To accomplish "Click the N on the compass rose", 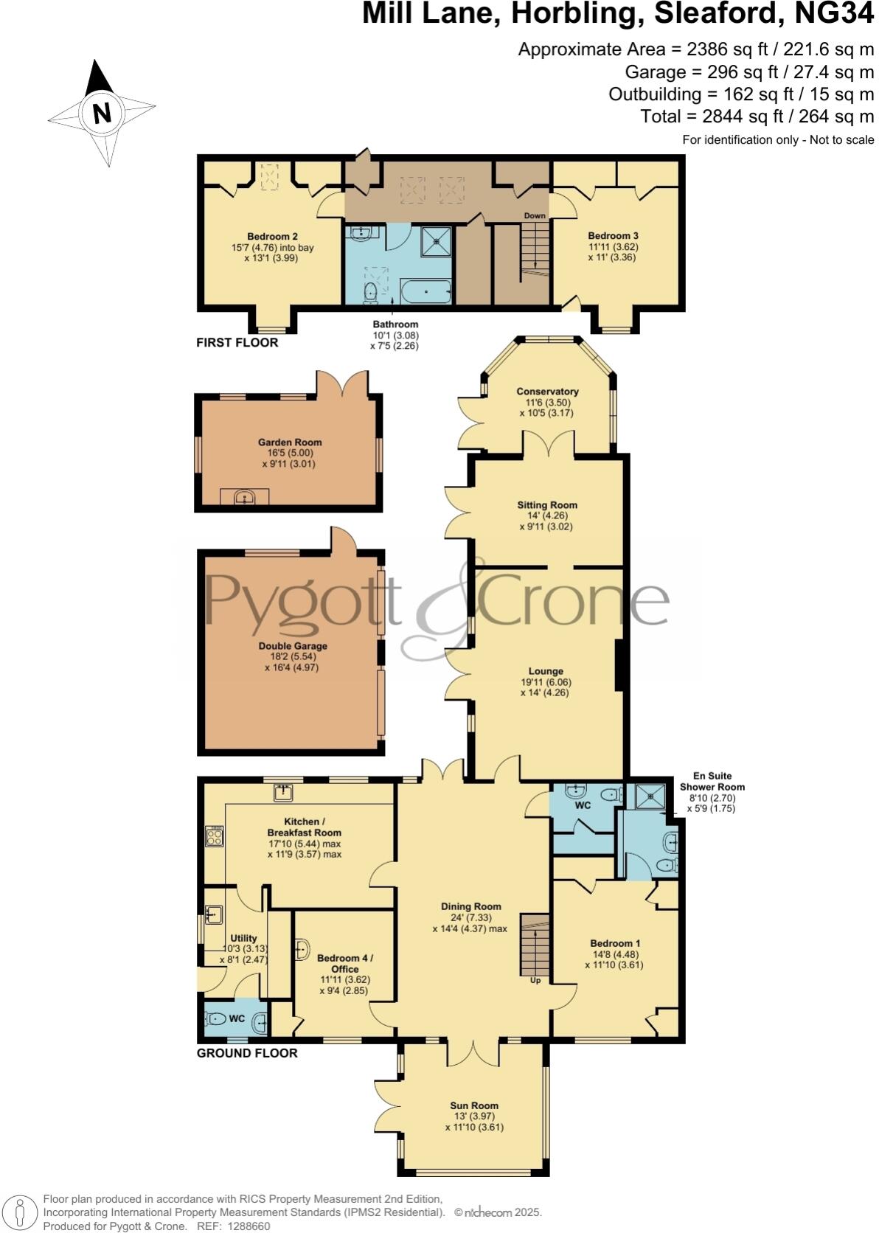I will coord(102,114).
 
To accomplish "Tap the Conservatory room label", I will coord(547,392).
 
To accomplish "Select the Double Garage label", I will coord(293,646).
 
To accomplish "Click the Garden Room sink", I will coord(244,499).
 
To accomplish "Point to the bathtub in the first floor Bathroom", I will coord(425,293).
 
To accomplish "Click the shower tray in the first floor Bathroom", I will coord(435,240).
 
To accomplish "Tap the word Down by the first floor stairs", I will coord(535,216).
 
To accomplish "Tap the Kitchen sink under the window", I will coord(284,793).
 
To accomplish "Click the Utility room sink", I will coord(213,914).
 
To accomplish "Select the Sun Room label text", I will coord(474,1105).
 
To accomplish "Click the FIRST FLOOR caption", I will coord(237,342).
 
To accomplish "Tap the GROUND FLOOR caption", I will coord(247,1053).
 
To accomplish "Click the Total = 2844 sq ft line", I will coord(757,116).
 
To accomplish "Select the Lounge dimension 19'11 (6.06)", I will coord(546,682).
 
